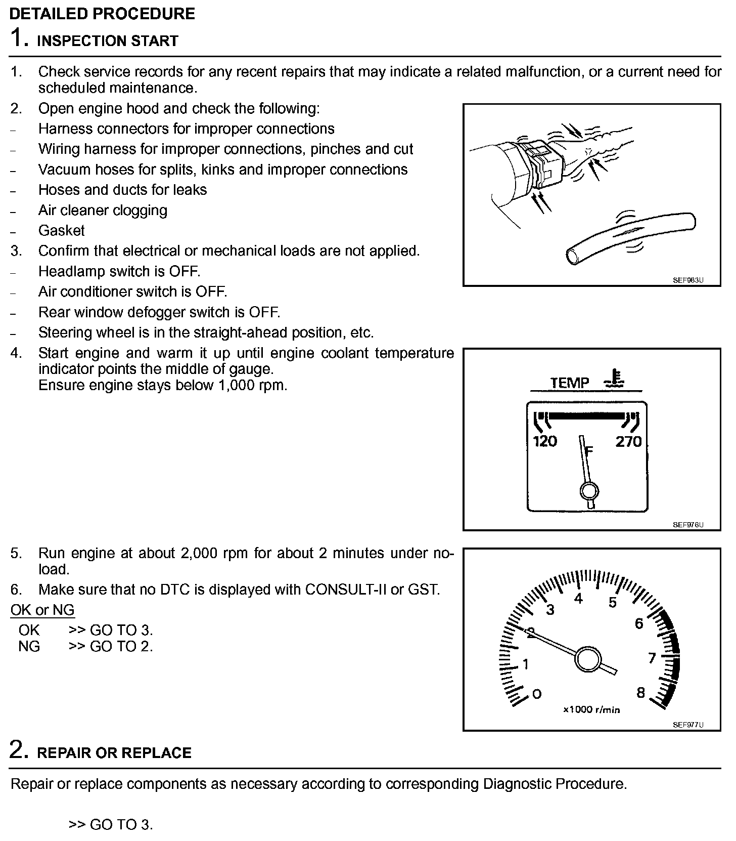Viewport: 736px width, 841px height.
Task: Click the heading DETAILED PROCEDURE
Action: pos(102,13)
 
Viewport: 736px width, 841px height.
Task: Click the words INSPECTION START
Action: pos(108,40)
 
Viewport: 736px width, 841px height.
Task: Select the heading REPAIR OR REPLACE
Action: pos(114,752)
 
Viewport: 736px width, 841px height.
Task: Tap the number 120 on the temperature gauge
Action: pos(545,442)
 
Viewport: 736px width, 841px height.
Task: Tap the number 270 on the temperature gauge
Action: pos(628,442)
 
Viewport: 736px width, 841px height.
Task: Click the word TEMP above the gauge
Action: pos(570,383)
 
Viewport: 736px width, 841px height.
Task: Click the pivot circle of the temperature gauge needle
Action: pos(589,490)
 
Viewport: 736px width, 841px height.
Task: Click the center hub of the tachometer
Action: pos(587,659)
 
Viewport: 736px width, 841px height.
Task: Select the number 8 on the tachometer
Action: pos(640,693)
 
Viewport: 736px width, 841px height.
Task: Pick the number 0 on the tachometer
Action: pos(537,694)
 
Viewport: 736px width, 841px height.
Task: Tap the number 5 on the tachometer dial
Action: pos(613,603)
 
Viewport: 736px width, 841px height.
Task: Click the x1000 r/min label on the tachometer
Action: pos(591,709)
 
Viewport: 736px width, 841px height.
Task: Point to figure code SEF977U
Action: pos(688,725)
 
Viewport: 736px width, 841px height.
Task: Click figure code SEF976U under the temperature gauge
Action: pos(688,525)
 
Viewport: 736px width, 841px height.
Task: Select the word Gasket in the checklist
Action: pos(62,231)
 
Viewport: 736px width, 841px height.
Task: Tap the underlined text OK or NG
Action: pos(42,610)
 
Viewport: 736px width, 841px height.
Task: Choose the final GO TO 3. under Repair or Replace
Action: pos(111,825)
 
